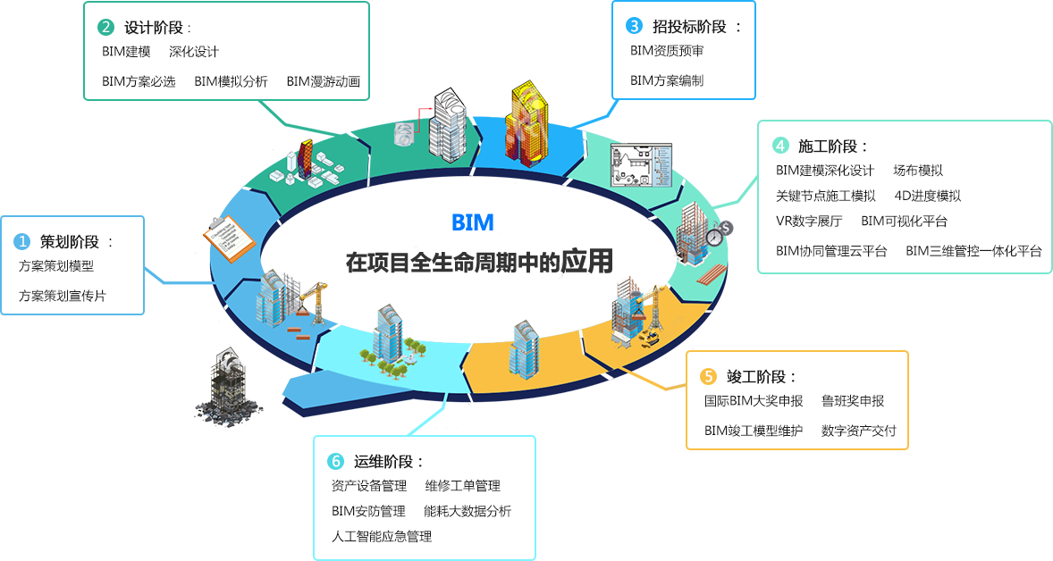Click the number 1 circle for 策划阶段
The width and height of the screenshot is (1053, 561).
[22, 241]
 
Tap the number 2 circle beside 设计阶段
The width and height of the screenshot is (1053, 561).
[105, 27]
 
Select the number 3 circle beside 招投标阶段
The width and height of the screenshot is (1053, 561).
[634, 26]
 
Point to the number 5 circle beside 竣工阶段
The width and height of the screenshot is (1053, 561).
[708, 377]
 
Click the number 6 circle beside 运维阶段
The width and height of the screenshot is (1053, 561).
[335, 461]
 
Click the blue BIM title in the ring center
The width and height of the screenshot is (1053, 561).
[472, 222]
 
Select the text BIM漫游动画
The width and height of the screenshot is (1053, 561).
[323, 81]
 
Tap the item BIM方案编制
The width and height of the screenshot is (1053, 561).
[666, 80]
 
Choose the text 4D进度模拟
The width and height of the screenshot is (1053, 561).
[927, 196]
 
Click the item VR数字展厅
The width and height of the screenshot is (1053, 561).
[809, 221]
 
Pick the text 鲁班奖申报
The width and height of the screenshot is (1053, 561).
[853, 401]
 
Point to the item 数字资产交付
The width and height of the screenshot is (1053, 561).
[859, 430]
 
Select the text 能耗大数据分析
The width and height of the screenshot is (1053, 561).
[468, 511]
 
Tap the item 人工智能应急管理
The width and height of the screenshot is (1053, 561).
[381, 536]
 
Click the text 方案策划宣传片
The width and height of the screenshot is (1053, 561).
[62, 296]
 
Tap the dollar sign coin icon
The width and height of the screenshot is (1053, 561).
[726, 228]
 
